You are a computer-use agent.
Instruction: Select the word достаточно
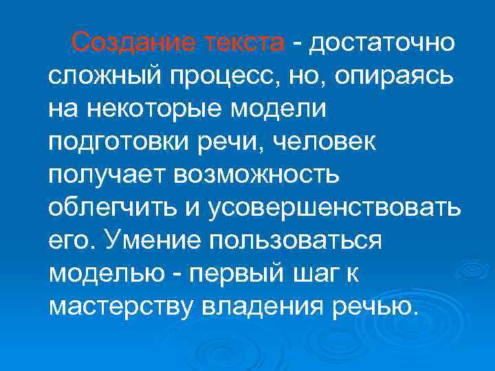click(382, 43)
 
